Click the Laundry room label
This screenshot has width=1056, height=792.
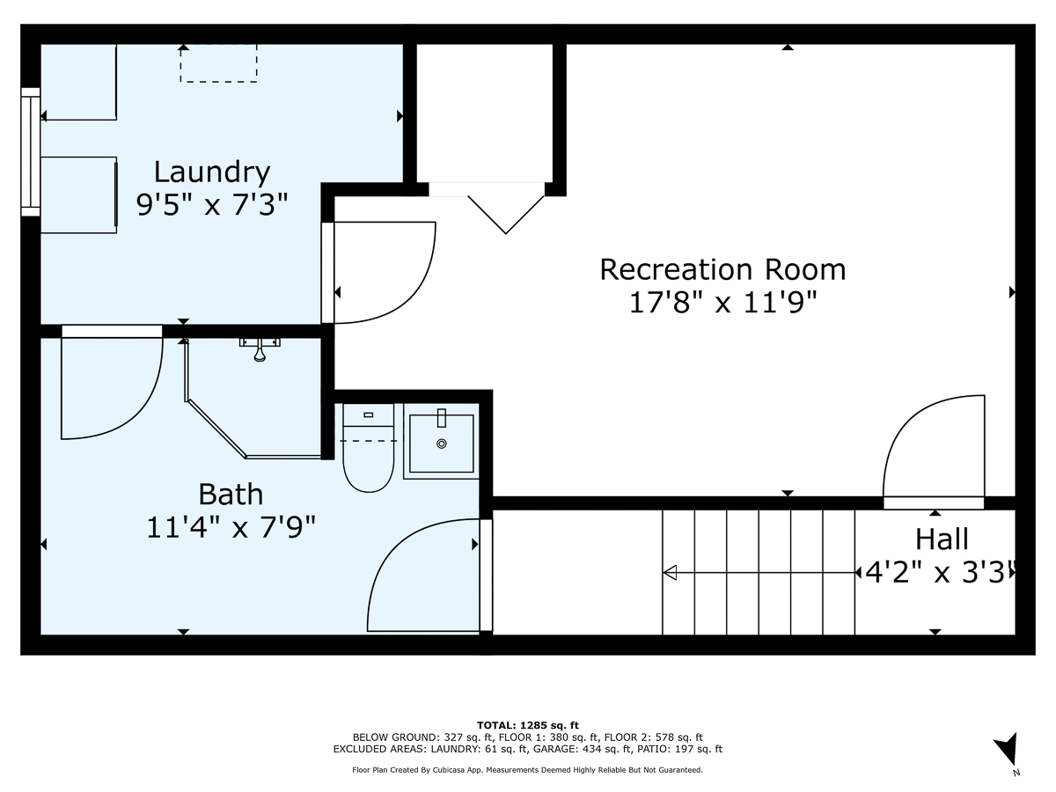212,171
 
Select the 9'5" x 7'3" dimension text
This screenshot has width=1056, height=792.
212,205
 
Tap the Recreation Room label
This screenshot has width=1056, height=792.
722,268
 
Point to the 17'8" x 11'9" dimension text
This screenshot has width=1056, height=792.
722,303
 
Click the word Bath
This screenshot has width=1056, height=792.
231,494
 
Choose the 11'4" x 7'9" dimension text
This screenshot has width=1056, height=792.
231,527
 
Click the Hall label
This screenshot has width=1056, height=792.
942,539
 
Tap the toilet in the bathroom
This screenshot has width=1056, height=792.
368,449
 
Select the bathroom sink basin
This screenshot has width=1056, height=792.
441,443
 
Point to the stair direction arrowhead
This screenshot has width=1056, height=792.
670,573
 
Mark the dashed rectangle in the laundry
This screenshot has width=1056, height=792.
218,63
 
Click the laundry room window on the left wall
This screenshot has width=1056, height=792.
31,151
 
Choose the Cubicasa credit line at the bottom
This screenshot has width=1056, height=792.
528,770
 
